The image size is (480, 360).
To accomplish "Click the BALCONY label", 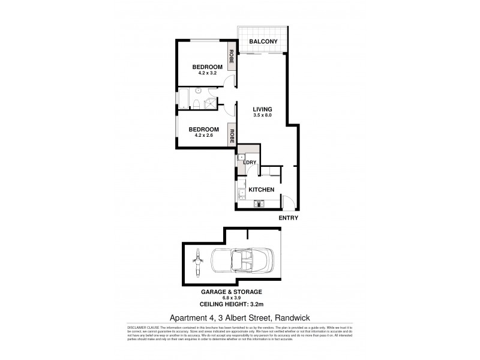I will (264, 42).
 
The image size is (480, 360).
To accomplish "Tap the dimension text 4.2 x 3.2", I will (203, 74).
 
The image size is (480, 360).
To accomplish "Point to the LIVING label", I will (263, 109).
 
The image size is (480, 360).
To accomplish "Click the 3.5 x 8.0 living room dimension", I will (263, 115).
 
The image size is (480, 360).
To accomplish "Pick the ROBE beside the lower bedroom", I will (230, 134).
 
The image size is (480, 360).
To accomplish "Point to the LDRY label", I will (250, 163).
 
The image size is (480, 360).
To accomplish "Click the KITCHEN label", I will (263, 190).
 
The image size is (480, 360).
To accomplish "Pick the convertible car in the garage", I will (240, 262).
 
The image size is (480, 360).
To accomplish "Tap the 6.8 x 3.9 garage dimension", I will (240, 297).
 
